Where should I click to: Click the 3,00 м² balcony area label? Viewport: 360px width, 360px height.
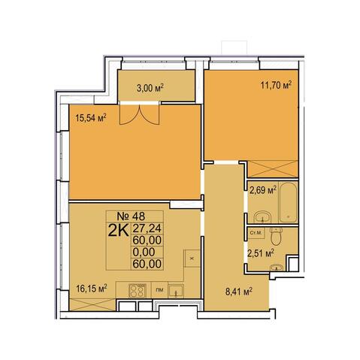[150, 88]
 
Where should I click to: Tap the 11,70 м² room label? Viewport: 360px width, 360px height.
[276, 85]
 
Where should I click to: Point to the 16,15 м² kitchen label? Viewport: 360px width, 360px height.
[92, 289]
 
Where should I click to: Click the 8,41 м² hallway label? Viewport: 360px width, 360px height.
[239, 292]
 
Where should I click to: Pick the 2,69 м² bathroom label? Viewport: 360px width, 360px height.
[263, 192]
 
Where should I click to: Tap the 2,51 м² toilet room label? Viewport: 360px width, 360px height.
[261, 253]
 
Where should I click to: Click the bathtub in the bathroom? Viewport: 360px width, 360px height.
[289, 202]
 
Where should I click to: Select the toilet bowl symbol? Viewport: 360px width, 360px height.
[277, 236]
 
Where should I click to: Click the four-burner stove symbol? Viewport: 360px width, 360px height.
[137, 290]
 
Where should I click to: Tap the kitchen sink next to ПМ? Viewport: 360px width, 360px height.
[176, 291]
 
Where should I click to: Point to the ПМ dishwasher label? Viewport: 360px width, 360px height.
[159, 290]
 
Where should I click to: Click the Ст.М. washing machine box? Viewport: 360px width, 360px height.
[256, 233]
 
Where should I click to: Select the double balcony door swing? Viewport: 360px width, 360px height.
[139, 114]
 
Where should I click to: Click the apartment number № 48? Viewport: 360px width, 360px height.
[135, 216]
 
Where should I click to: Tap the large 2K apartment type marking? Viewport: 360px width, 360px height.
[118, 231]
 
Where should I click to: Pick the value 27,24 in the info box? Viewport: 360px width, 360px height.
[147, 228]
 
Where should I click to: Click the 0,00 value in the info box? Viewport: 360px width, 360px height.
[144, 252]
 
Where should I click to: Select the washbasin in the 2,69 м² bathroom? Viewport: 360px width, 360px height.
[262, 216]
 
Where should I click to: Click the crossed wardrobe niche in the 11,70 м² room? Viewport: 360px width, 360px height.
[273, 169]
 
